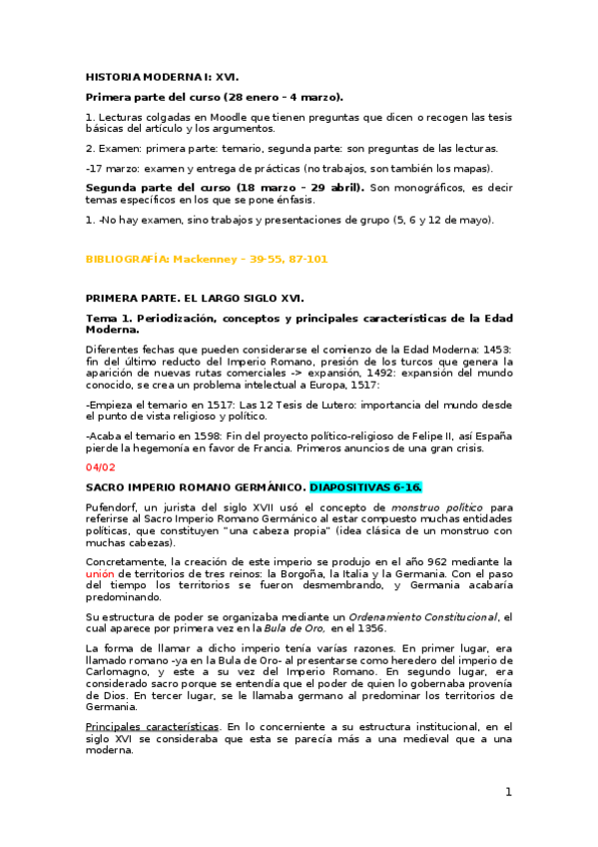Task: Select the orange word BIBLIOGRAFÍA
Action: point(127,259)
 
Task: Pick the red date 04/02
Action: point(101,466)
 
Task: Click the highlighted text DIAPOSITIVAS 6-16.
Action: point(366,486)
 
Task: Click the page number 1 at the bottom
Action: point(508,792)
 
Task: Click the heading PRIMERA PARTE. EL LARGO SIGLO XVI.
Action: point(194,298)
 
